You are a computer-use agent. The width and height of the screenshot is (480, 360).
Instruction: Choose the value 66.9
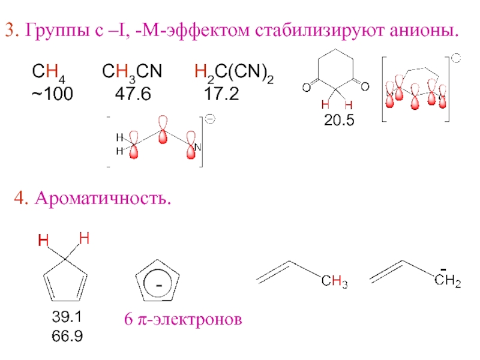67,336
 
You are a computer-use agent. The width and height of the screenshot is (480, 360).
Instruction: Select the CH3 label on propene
334,281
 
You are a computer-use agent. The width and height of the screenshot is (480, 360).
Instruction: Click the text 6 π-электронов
183,321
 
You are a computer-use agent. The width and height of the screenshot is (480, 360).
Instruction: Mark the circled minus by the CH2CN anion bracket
211,119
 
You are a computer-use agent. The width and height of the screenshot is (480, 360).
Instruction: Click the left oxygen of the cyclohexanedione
306,88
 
